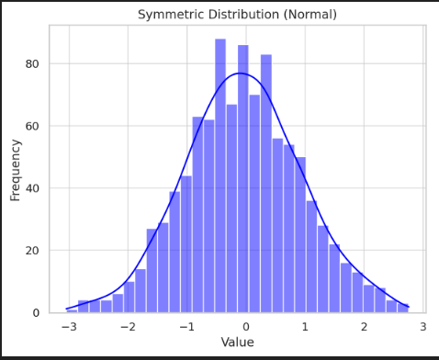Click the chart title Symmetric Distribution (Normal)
[237, 15]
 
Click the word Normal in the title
[310, 15]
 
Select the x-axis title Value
[237, 343]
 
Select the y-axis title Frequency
[16, 170]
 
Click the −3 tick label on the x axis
[68, 327]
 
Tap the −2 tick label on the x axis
[127, 327]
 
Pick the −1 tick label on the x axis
[186, 327]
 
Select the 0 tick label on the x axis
[246, 327]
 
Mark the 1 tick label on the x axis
[305, 327]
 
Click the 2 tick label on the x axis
[364, 327]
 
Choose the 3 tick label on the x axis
[422, 327]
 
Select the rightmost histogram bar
[403, 309]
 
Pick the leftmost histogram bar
[72, 311]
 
